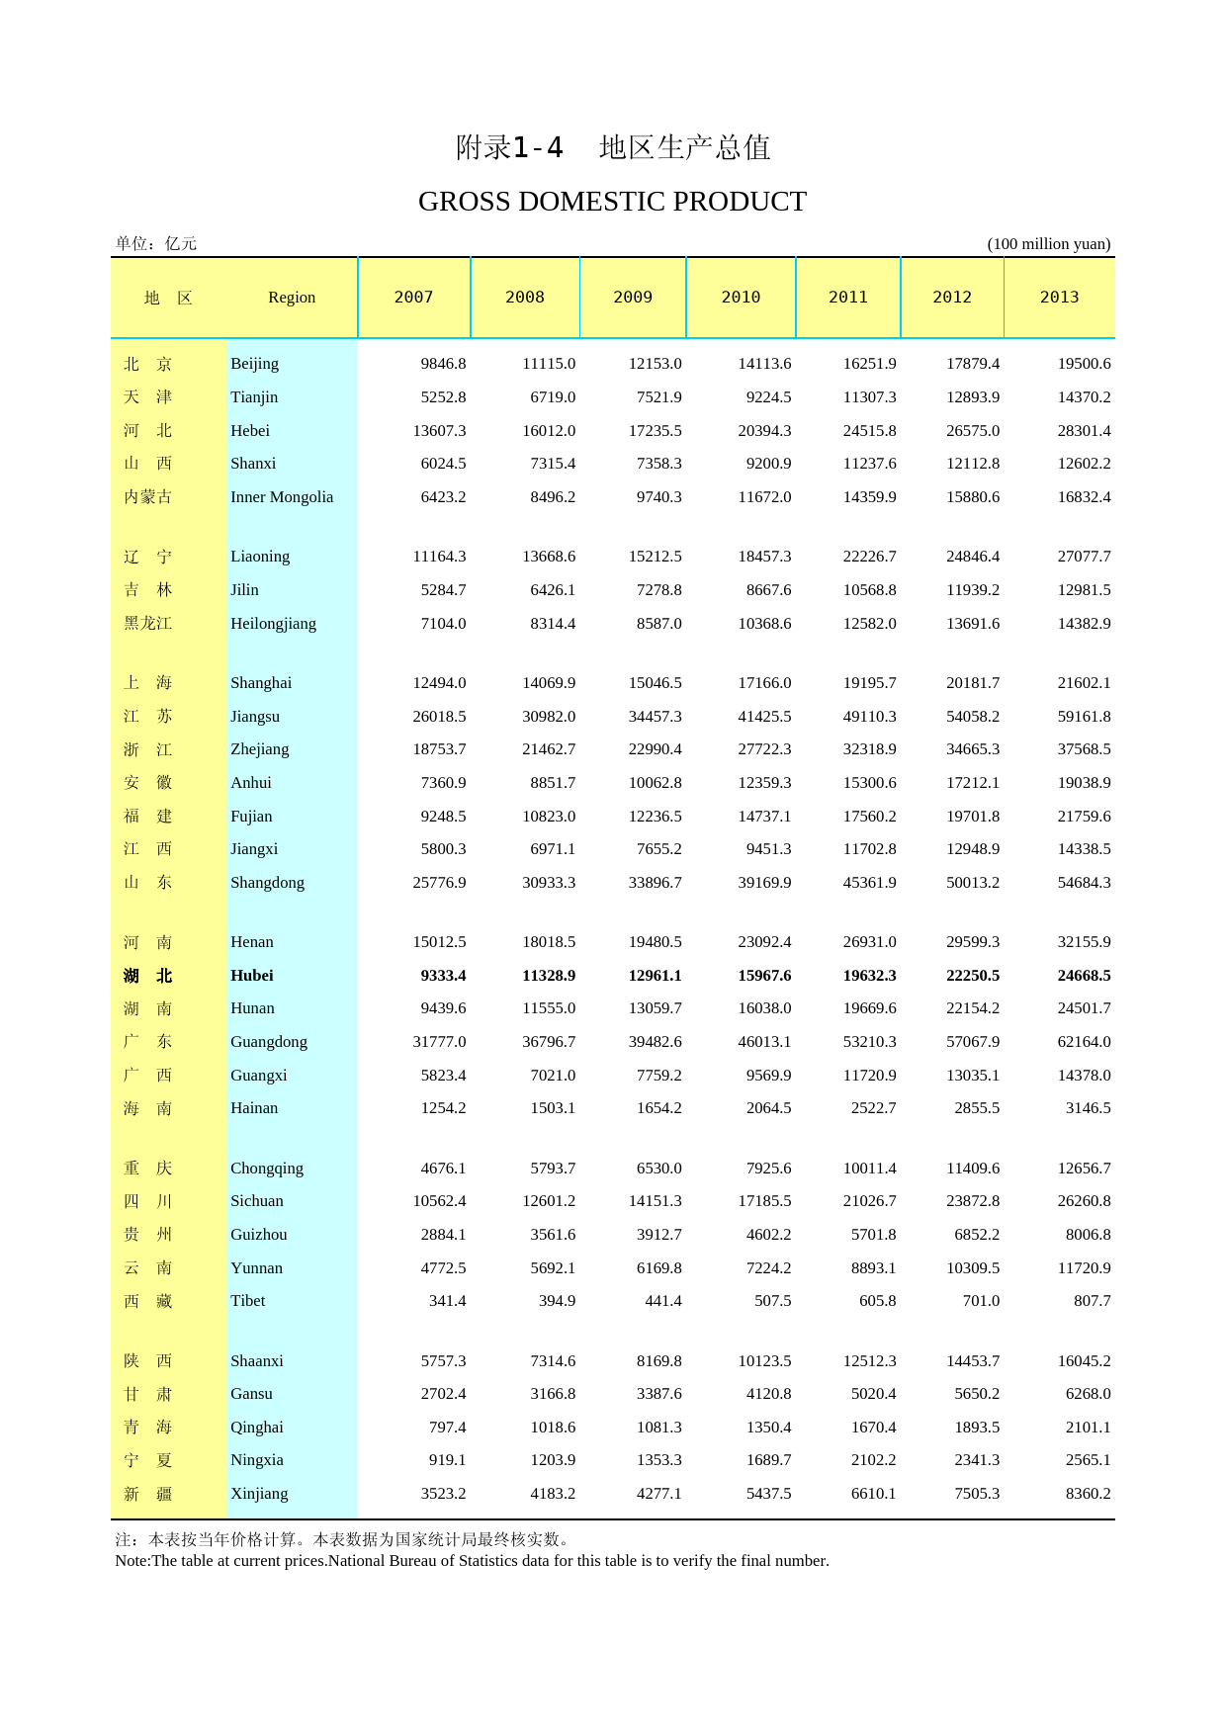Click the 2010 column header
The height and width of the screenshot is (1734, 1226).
[741, 298]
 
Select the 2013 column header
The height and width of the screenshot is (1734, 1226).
[1059, 298]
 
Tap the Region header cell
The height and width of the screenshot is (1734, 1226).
[292, 298]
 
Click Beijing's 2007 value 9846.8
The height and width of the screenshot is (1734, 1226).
[443, 364]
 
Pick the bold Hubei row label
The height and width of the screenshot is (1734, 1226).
[252, 976]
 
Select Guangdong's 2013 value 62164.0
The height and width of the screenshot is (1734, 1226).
[1084, 1042]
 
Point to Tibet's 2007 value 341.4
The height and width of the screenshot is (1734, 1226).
[447, 1301]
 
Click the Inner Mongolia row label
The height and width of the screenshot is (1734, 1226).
[282, 497]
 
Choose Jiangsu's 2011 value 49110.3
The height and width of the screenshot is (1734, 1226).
[869, 717]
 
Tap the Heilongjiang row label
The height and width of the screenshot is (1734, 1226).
[273, 624]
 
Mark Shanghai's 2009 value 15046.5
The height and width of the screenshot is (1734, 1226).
[655, 683]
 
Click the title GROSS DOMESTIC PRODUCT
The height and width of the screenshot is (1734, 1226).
[612, 202]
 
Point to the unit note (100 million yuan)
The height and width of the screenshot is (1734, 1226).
[1048, 244]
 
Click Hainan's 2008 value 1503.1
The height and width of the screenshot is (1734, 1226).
[553, 1108]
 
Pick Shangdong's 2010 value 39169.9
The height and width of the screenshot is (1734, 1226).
[764, 883]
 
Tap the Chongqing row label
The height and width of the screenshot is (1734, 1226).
[267, 1169]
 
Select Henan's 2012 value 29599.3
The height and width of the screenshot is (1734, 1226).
[972, 942]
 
